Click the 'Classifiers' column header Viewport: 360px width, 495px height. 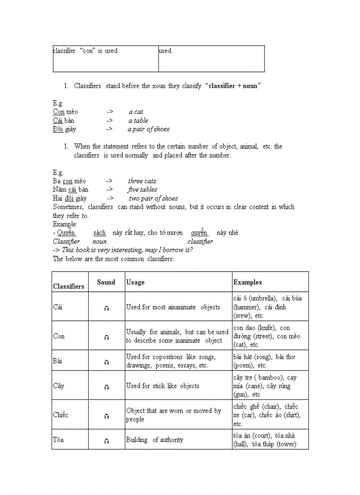[x=68, y=286]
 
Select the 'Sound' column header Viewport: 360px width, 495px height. [x=106, y=282]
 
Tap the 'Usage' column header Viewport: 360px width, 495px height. [x=135, y=282]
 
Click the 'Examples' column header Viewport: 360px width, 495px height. [x=247, y=282]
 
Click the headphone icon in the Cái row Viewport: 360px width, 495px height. [x=106, y=309]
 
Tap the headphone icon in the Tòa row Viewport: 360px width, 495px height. [x=106, y=441]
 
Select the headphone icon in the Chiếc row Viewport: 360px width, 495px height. [x=106, y=416]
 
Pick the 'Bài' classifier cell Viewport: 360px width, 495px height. [x=58, y=361]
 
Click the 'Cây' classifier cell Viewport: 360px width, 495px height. [x=59, y=386]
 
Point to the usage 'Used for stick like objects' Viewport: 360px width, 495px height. [x=162, y=386]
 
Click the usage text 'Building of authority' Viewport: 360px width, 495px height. [x=154, y=439]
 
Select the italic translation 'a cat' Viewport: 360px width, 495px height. [x=136, y=112]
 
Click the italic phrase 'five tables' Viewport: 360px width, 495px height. [x=142, y=190]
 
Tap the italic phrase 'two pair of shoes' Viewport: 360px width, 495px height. [x=153, y=198]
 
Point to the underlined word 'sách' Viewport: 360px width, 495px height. [x=99, y=233]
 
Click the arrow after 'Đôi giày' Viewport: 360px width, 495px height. [x=109, y=129]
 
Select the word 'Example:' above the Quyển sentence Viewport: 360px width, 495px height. [x=65, y=224]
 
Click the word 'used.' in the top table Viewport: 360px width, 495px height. [x=166, y=51]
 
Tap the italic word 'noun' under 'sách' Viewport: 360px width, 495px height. [x=99, y=242]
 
